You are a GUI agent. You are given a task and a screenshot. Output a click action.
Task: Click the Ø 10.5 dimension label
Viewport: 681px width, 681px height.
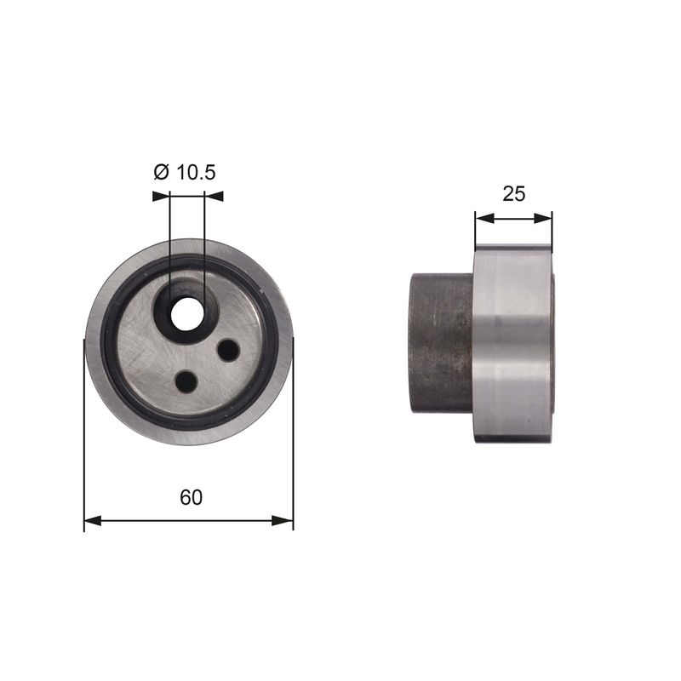[185, 173]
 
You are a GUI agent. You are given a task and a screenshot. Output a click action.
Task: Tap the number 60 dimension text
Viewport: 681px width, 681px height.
[191, 497]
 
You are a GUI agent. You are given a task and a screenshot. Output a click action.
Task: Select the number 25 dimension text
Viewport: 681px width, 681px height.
[514, 194]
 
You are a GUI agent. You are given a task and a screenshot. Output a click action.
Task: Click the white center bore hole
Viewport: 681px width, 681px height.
[187, 313]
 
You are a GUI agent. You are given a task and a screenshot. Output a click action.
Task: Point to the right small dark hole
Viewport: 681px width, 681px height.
[228, 350]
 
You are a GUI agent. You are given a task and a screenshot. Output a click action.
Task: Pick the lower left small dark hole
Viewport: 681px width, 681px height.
[186, 381]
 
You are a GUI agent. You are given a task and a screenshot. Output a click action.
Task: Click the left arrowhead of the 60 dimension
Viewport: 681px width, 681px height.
[93, 520]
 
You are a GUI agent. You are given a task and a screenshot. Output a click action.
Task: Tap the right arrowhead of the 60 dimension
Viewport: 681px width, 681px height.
[284, 520]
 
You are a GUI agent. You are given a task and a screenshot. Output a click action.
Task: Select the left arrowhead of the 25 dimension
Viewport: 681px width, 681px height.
[484, 218]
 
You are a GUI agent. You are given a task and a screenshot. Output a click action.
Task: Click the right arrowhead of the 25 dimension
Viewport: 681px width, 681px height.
[543, 218]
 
